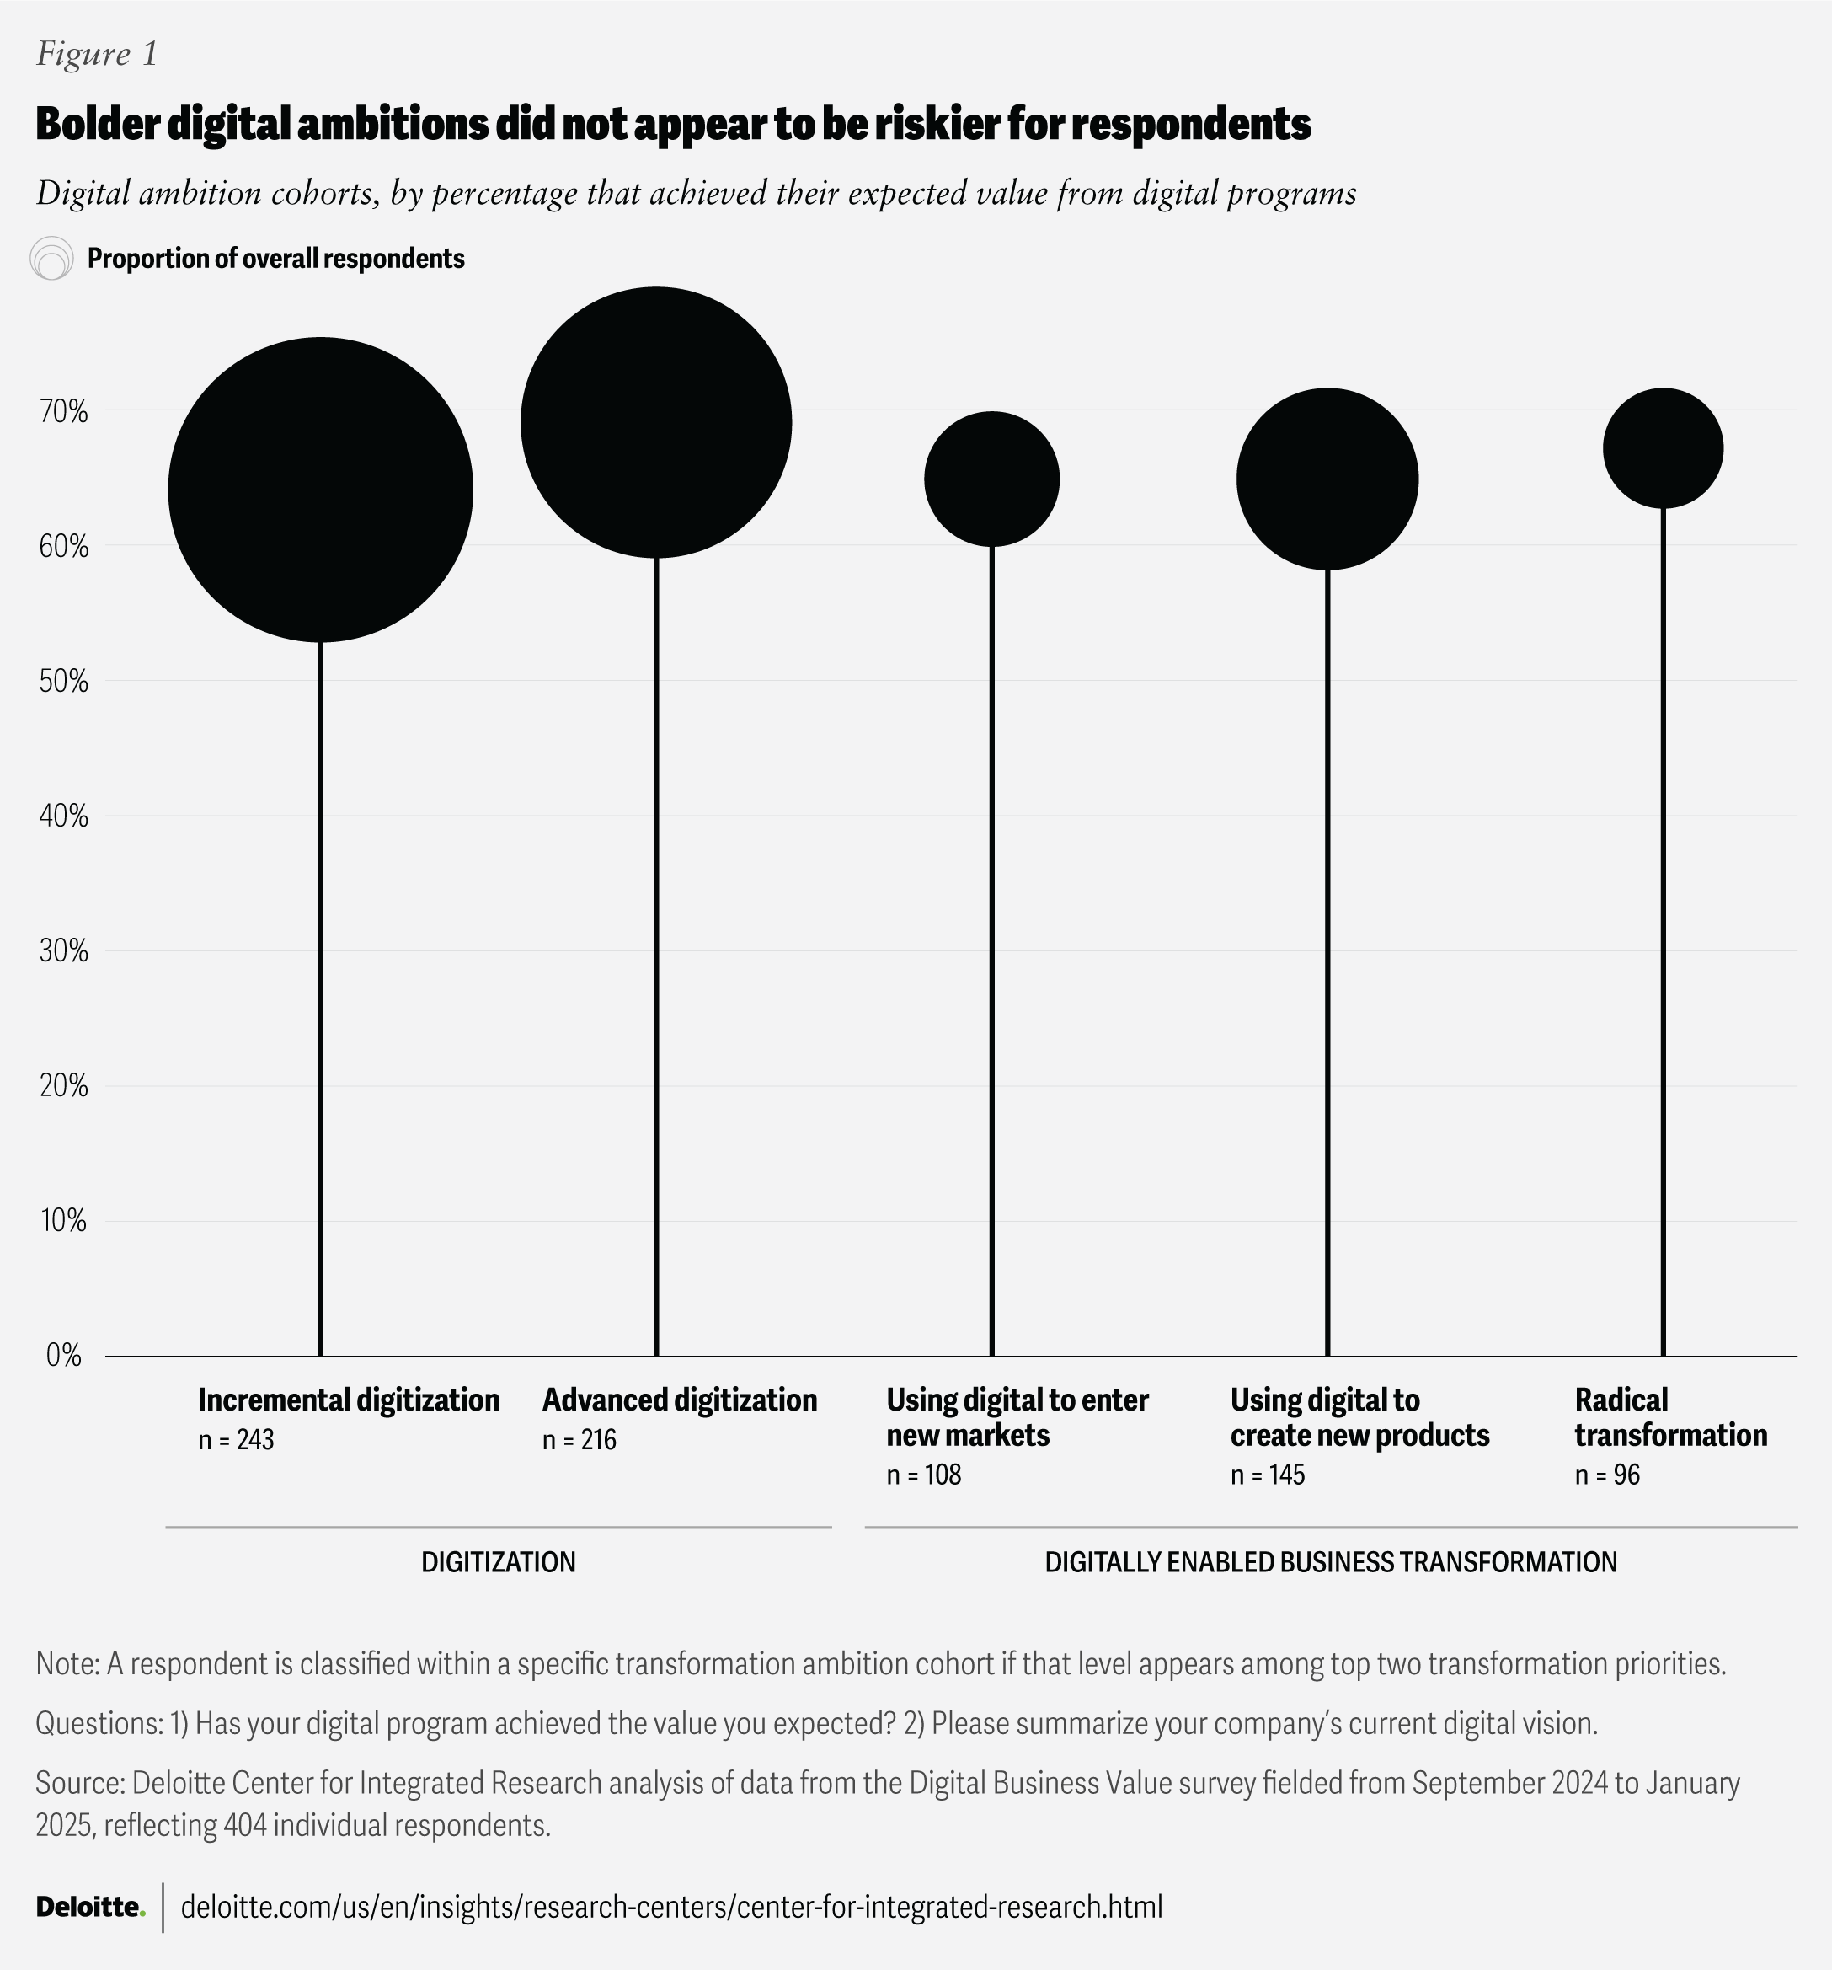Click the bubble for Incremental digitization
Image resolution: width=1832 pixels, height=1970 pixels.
(320, 490)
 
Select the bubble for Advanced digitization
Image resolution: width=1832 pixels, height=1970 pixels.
(656, 423)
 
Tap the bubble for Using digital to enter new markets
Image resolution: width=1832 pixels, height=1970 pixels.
(991, 479)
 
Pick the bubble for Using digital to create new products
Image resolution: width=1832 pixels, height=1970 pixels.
(1327, 479)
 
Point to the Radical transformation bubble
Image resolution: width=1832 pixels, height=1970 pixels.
(1664, 448)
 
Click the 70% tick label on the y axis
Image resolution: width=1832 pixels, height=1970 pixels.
(64, 411)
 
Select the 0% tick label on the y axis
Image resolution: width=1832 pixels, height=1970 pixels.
(64, 1356)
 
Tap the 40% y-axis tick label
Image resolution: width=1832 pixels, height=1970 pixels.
(64, 816)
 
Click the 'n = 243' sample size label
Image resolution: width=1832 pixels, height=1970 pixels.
(236, 1439)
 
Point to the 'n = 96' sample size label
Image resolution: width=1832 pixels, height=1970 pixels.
(1607, 1475)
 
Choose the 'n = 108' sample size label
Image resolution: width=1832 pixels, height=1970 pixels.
(923, 1475)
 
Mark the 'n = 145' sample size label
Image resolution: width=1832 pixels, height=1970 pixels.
(1268, 1475)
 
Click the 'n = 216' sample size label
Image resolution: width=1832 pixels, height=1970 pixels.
(579, 1439)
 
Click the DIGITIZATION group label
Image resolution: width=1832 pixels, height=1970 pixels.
(499, 1561)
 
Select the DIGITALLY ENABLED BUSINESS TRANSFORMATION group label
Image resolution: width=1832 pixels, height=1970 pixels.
(1331, 1561)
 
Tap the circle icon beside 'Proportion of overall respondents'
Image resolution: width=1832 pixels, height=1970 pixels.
(51, 259)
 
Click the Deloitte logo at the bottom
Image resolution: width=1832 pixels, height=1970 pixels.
(90, 1907)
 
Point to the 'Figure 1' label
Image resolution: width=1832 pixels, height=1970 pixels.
(96, 54)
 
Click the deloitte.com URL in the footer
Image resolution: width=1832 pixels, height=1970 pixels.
(670, 1907)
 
